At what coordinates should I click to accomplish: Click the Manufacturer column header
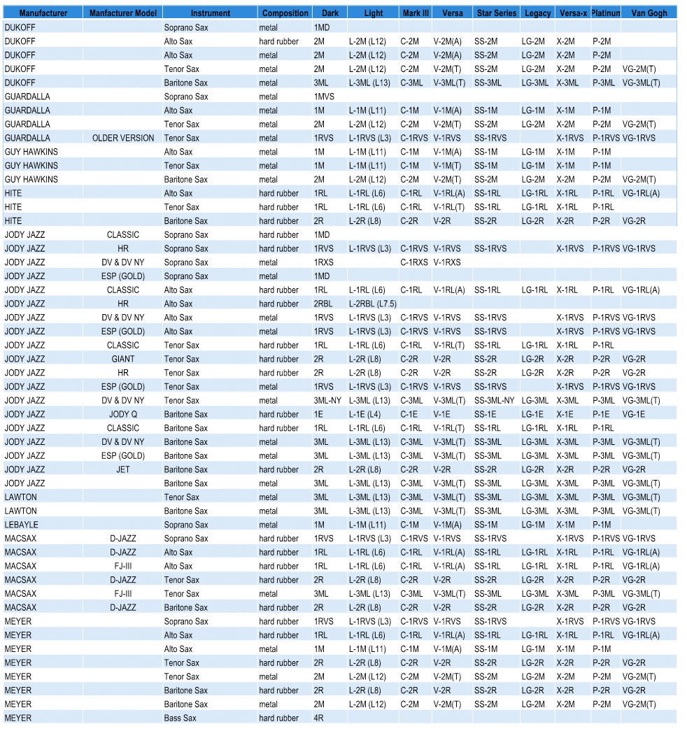coord(43,13)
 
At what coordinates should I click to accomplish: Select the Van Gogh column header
coord(649,13)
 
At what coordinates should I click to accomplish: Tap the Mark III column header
coord(416,13)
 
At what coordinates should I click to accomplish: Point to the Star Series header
coord(496,13)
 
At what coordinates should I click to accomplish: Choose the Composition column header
coord(285,13)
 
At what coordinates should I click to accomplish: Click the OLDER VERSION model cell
coord(123,138)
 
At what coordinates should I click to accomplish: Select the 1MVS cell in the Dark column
coord(324,97)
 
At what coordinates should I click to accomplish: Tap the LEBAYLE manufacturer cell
coord(22,525)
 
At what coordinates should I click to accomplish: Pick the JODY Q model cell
coord(123,414)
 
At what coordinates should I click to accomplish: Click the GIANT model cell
coord(123,359)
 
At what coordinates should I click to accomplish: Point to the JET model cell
coord(123,469)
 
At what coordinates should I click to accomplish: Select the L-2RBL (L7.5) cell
coord(373,304)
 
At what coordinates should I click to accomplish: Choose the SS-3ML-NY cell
coord(494,401)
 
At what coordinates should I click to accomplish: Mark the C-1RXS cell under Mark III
coord(414,262)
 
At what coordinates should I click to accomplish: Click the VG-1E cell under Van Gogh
coord(634,414)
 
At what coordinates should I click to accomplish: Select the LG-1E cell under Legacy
coord(532,414)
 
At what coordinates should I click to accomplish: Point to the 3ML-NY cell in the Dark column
coord(327,401)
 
